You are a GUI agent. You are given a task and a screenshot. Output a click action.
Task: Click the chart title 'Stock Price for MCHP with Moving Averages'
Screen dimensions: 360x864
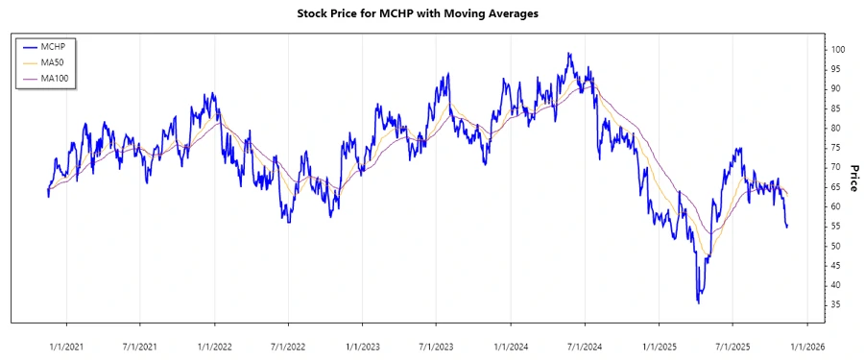431,15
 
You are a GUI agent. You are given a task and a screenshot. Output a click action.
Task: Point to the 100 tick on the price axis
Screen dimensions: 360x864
838,49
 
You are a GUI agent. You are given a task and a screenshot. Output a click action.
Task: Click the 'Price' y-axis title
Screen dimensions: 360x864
852,178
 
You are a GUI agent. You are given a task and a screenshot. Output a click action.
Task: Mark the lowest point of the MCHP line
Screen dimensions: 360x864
698,302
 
